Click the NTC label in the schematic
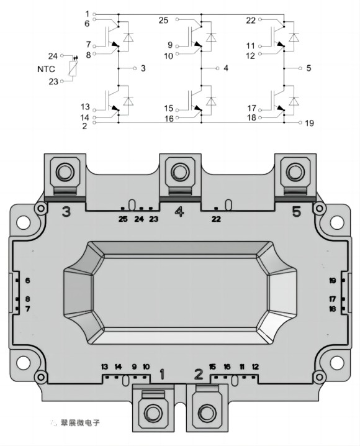(46, 69)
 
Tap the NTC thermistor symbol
(73, 68)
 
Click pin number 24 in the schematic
(53, 57)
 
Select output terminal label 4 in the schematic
(225, 68)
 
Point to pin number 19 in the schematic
(310, 123)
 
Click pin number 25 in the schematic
(163, 20)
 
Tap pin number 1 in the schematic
(88, 14)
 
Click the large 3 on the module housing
(66, 212)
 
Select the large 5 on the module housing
(296, 212)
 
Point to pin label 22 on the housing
(216, 219)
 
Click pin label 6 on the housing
(27, 280)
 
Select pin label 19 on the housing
(333, 281)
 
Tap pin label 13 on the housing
(105, 366)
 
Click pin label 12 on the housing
(255, 366)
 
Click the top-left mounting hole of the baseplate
(24, 222)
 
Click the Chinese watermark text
(81, 422)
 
